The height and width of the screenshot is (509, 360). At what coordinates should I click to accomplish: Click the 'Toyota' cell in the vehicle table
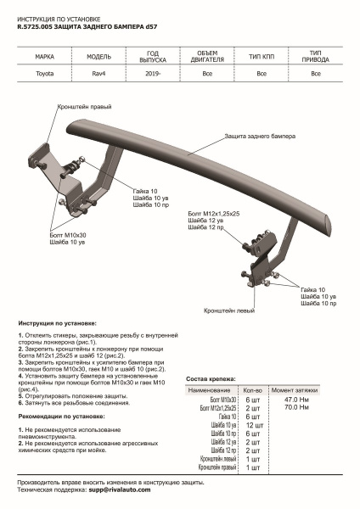point(42,74)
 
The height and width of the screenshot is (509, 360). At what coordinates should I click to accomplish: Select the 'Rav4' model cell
point(98,74)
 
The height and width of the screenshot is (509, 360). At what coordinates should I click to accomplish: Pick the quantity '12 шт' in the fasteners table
point(253,426)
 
